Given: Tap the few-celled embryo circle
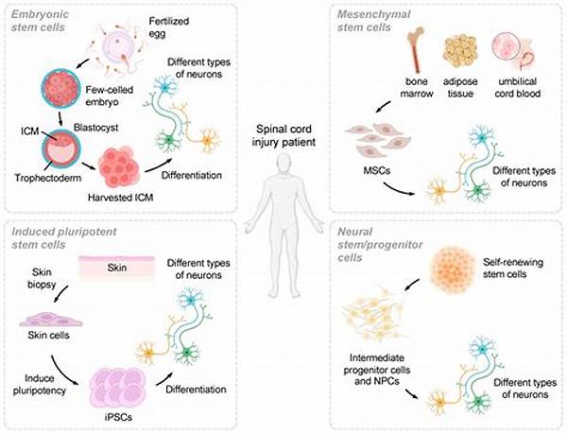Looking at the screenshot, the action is [60, 91].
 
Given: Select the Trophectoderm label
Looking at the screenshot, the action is [48, 178].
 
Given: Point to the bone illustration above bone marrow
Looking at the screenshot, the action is [416, 50].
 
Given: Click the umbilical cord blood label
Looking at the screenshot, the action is [518, 88].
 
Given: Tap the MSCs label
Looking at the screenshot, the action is [377, 170].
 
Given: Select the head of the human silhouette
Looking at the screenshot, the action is [283, 163].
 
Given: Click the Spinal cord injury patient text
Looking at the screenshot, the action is [283, 135].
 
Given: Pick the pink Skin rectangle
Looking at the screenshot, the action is [117, 268].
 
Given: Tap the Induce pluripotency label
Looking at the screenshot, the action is [40, 385].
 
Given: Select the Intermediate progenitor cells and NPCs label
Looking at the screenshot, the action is [377, 370].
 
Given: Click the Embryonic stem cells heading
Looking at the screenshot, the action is [39, 21].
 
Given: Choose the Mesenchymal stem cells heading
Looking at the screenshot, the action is [373, 21].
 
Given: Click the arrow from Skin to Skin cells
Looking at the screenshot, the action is [61, 293].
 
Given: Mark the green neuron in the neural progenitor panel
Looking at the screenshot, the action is [479, 401].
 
